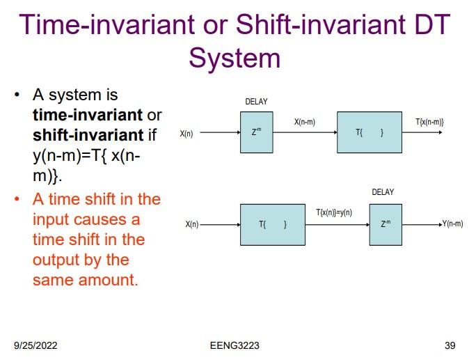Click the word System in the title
click(235, 58)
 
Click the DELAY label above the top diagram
click(256, 102)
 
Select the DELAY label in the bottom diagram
click(383, 192)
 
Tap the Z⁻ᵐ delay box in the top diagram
click(257, 132)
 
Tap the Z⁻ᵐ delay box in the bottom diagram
click(386, 224)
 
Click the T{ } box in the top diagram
click(370, 132)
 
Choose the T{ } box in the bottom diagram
click(273, 224)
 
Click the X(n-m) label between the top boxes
click(305, 123)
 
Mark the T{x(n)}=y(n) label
click(334, 212)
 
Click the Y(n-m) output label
click(452, 224)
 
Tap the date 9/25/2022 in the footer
click(37, 345)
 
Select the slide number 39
click(450, 345)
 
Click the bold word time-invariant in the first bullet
click(88, 114)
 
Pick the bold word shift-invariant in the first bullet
click(88, 134)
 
